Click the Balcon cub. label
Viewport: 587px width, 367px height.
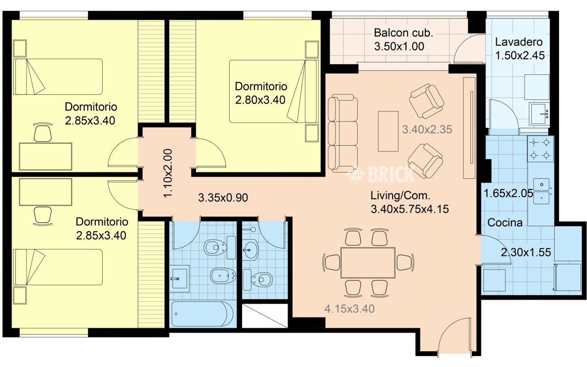[403, 33]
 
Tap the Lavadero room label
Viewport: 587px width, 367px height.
[519, 42]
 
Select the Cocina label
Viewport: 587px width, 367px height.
[505, 222]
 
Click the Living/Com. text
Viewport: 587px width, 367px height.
[400, 195]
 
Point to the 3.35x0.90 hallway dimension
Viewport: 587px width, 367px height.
[223, 198]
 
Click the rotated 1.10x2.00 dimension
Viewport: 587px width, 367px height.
[168, 173]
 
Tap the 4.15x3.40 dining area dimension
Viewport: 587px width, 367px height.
[349, 309]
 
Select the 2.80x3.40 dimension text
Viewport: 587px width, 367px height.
[260, 100]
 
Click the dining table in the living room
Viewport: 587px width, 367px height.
[368, 263]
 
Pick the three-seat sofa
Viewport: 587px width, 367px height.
[343, 133]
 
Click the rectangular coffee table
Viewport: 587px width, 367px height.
[388, 131]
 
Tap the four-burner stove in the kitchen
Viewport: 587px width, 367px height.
[540, 149]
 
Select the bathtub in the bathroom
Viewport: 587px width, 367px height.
[202, 314]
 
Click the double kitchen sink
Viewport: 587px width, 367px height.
[542, 191]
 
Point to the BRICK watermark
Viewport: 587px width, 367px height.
[381, 174]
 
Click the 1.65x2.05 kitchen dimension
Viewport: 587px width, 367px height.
[508, 193]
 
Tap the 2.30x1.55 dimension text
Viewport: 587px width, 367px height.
[526, 252]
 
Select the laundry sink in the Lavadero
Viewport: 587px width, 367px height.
[539, 114]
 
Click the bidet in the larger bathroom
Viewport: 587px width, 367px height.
[223, 276]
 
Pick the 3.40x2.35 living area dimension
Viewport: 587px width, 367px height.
[427, 129]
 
